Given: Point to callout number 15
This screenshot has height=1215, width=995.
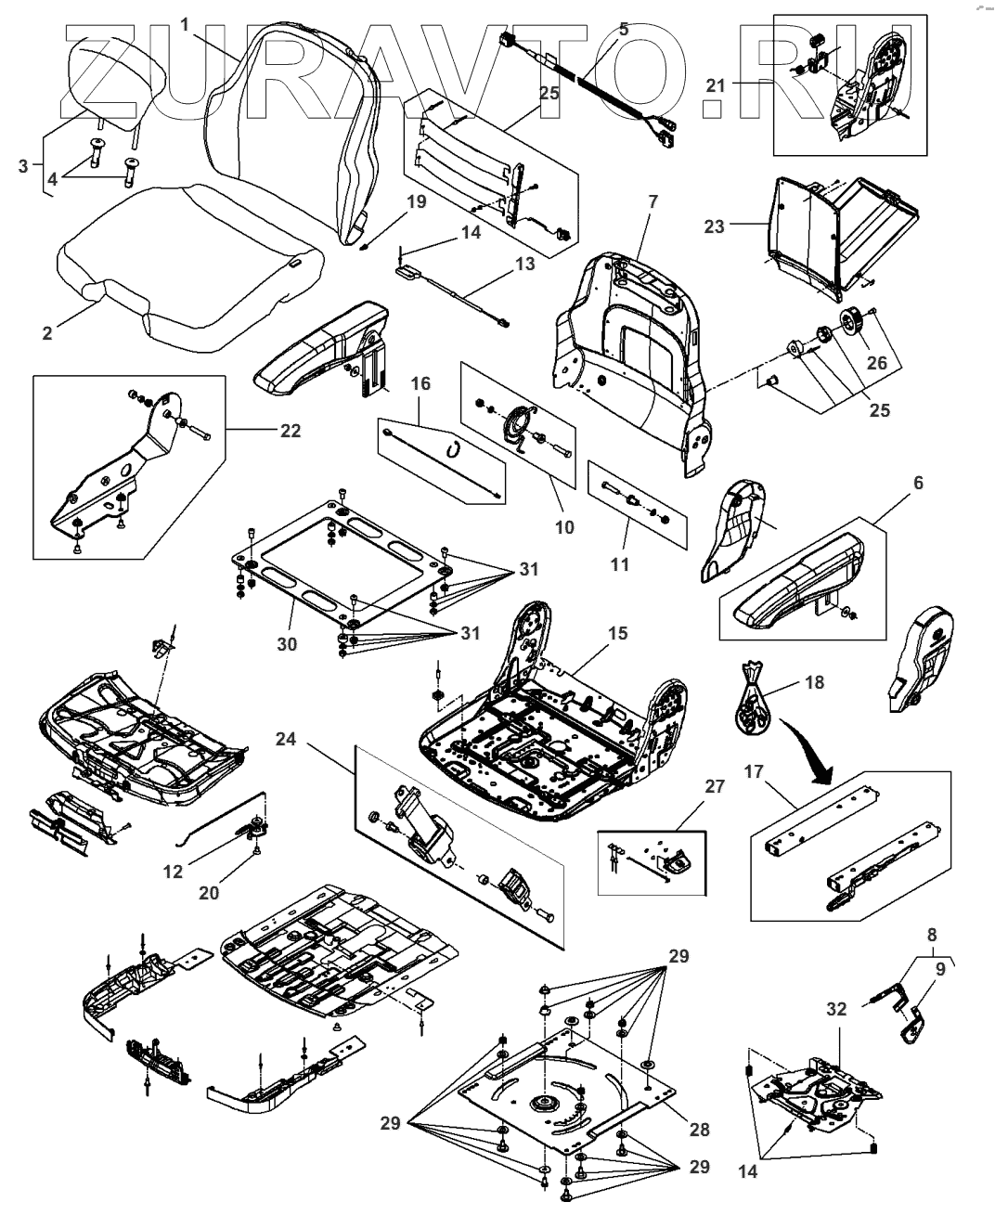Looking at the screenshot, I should tap(617, 633).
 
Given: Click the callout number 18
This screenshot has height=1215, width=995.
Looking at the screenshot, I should tap(815, 683).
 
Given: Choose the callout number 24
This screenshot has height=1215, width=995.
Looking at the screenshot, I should tap(287, 740).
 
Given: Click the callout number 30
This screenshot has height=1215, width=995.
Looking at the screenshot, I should tap(287, 642).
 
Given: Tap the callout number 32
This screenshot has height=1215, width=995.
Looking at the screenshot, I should tap(836, 1009).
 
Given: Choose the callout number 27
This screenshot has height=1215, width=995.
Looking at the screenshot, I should tap(688, 788).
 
